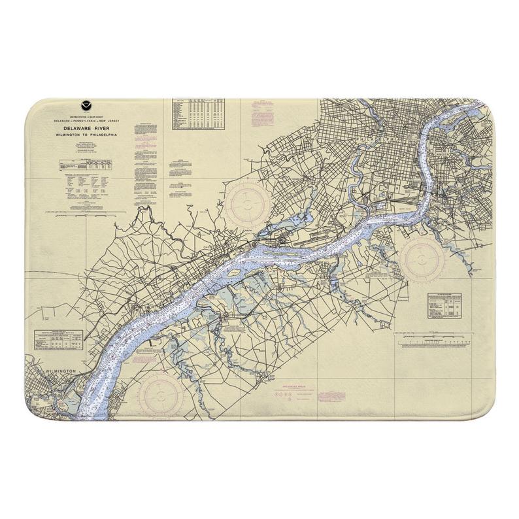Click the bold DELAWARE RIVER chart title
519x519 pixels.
(x=87, y=129)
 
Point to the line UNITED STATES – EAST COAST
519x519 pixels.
(x=87, y=116)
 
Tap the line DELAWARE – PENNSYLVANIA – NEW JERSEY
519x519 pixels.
(x=87, y=121)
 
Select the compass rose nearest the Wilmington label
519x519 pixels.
(x=160, y=394)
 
